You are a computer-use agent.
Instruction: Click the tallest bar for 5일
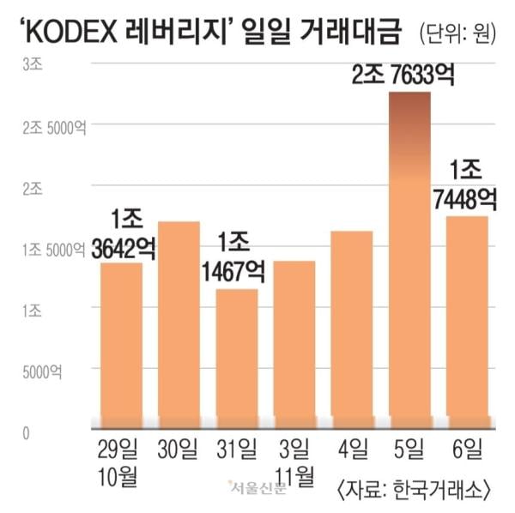pyautogui.click(x=409, y=257)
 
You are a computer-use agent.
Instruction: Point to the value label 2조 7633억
pyautogui.click(x=402, y=75)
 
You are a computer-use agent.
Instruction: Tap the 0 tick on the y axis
pyautogui.click(x=27, y=433)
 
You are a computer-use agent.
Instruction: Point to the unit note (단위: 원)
pyautogui.click(x=461, y=35)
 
